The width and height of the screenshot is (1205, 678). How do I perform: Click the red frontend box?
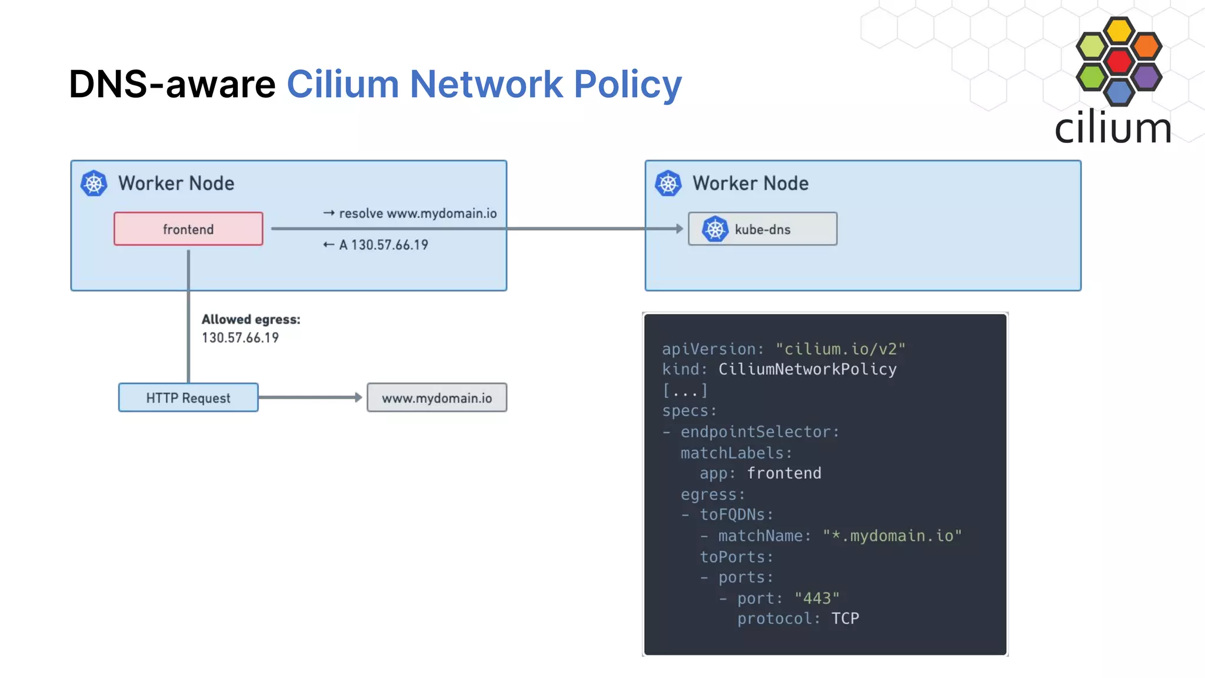[x=188, y=229]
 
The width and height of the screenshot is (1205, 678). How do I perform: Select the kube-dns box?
[x=763, y=229]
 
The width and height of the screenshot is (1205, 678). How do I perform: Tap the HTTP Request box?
[x=188, y=398]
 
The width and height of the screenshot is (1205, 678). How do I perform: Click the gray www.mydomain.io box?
[x=437, y=398]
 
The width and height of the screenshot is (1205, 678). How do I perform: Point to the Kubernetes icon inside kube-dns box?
[x=715, y=229]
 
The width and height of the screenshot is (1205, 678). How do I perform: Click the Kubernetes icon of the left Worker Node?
[x=94, y=183]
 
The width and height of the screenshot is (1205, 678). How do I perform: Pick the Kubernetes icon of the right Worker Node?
[x=668, y=183]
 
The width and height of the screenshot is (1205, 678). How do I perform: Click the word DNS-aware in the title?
[x=172, y=84]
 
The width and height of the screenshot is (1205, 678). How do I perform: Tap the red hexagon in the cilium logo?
[x=1119, y=61]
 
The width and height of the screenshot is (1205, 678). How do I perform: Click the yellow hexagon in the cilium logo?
[x=1119, y=31]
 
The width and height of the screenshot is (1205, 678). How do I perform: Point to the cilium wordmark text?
[x=1112, y=128]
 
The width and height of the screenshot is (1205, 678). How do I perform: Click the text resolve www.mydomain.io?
[x=417, y=213]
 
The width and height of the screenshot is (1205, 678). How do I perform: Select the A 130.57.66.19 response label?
[x=383, y=245]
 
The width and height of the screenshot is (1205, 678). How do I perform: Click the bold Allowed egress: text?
[x=251, y=319]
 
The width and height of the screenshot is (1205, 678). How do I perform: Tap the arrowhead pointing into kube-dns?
[x=680, y=228]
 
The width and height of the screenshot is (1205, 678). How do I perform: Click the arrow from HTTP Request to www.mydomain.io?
[x=309, y=397]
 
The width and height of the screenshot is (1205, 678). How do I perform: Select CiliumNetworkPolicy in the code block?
[x=807, y=369]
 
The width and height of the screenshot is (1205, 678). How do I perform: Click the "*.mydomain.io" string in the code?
[x=892, y=536]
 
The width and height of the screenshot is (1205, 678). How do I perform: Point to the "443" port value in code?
[x=817, y=598]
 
